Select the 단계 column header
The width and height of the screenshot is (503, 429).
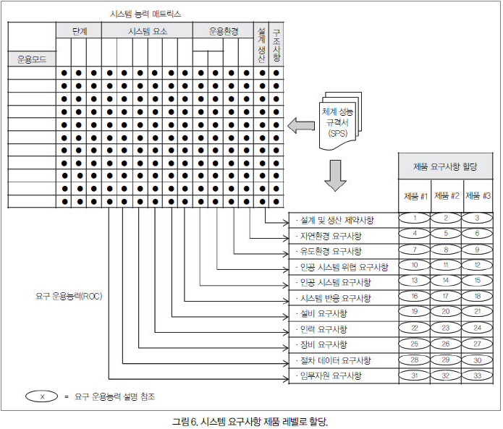(x=79, y=30)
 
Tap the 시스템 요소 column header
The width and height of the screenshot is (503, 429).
(x=146, y=30)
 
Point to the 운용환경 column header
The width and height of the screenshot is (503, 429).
(x=224, y=30)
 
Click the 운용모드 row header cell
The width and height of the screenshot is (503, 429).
(x=32, y=59)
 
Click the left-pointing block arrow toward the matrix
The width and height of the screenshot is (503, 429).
(x=297, y=128)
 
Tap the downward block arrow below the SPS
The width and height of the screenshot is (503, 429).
(x=335, y=177)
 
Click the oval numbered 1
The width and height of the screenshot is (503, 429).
(x=415, y=218)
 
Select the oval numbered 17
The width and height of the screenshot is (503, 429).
(x=447, y=296)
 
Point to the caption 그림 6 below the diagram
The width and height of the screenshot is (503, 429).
(x=250, y=420)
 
